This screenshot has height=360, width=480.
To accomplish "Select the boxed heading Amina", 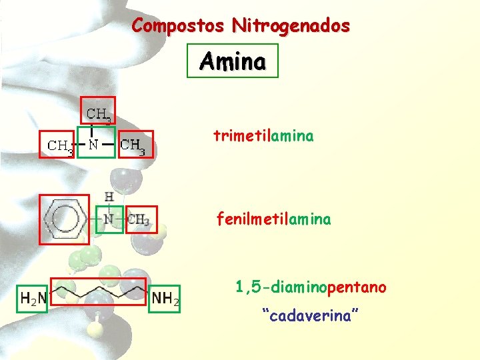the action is [x=232, y=61].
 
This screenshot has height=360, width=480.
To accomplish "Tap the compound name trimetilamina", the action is [x=263, y=136].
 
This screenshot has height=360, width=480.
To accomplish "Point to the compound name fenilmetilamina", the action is [x=273, y=219].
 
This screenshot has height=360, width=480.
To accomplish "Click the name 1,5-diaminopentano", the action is [x=310, y=287].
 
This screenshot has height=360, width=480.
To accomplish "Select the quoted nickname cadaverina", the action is [x=311, y=315].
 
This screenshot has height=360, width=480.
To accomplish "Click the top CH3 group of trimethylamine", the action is [x=99, y=115].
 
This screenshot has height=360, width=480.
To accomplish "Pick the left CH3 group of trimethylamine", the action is [x=60, y=145].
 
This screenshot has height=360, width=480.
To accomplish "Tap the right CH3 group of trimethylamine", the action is [x=135, y=145].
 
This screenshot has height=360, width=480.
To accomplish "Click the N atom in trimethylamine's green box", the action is [x=95, y=143].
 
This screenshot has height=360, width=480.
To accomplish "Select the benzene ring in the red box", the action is [x=64, y=219].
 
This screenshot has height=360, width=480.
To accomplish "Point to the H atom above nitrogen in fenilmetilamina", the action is [x=109, y=197].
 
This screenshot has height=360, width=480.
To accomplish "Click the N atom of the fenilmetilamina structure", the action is [x=109, y=219].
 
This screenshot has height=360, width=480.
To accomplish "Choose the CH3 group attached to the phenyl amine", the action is [x=139, y=219].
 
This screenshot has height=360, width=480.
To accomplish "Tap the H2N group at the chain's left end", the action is [x=33, y=298].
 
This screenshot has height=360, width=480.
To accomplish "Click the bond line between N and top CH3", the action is [x=91, y=131].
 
